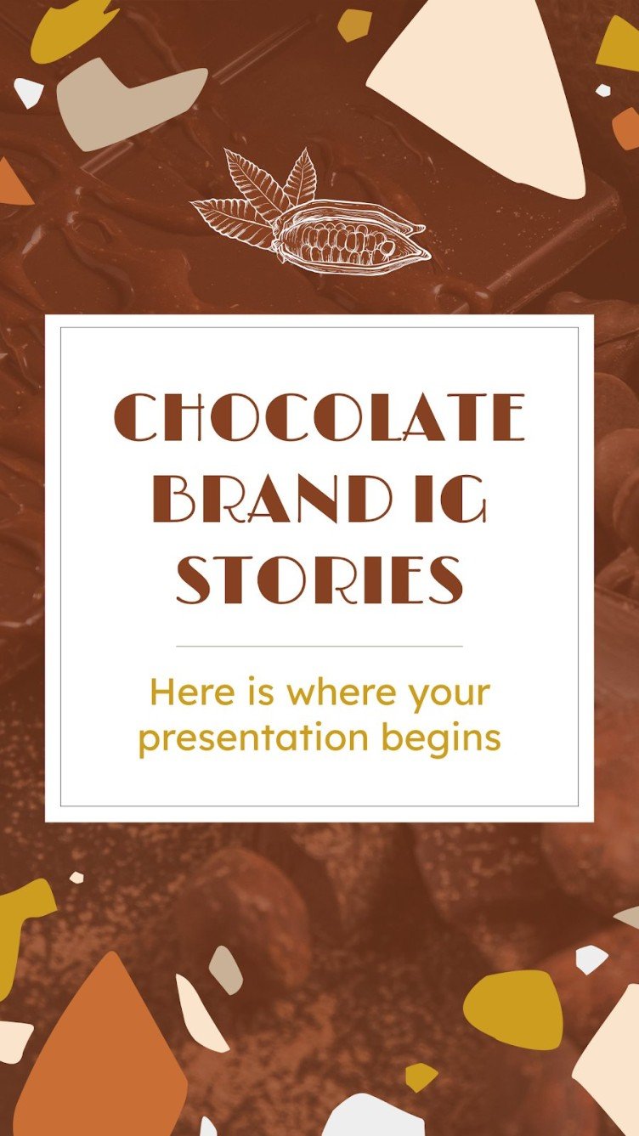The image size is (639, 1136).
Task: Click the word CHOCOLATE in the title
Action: [x=319, y=417]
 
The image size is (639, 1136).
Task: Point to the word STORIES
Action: [x=319, y=580]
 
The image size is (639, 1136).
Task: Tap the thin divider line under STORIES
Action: [x=319, y=647]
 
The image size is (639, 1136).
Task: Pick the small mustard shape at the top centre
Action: [x=353, y=25]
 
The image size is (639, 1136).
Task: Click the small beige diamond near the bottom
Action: [x=225, y=969]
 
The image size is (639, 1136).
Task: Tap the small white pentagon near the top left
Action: [x=28, y=92]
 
